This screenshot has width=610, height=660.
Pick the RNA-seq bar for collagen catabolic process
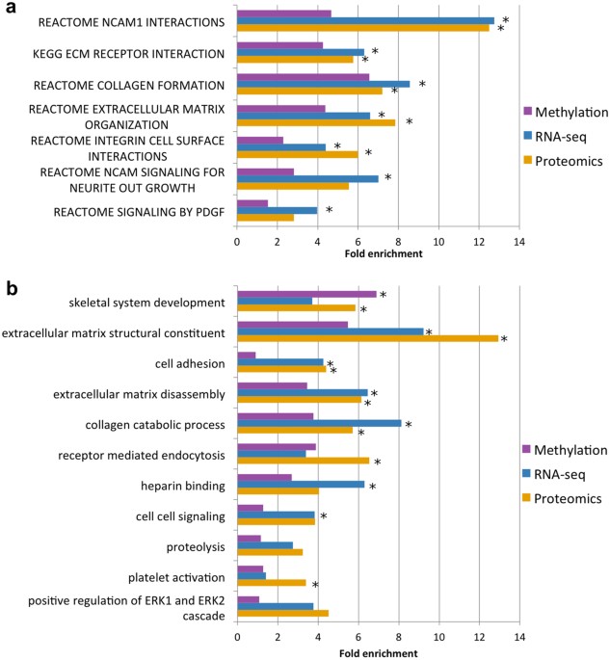(x=319, y=423)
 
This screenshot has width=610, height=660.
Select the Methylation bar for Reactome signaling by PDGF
(x=252, y=203)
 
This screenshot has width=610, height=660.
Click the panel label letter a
(x=12, y=9)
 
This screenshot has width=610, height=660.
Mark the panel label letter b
(x=12, y=287)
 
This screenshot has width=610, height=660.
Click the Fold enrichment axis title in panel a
(x=377, y=253)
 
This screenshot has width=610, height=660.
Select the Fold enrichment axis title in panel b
(x=377, y=652)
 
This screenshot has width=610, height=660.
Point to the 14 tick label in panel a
(x=519, y=240)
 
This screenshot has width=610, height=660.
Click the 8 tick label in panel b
(x=398, y=639)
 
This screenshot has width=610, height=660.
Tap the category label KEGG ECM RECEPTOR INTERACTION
(x=127, y=53)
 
